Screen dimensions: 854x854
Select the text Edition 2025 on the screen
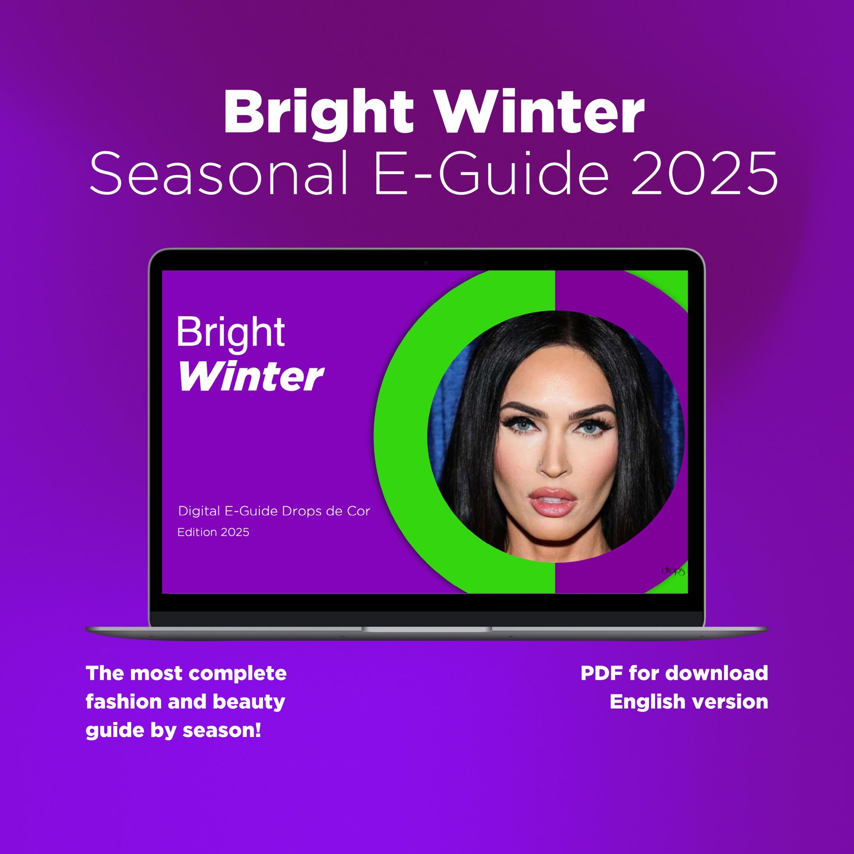[213, 532]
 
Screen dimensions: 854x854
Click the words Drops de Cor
[326, 511]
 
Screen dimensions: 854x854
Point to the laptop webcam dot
[426, 263]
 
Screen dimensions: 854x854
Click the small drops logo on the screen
[673, 571]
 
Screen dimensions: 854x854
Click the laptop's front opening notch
[427, 629]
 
